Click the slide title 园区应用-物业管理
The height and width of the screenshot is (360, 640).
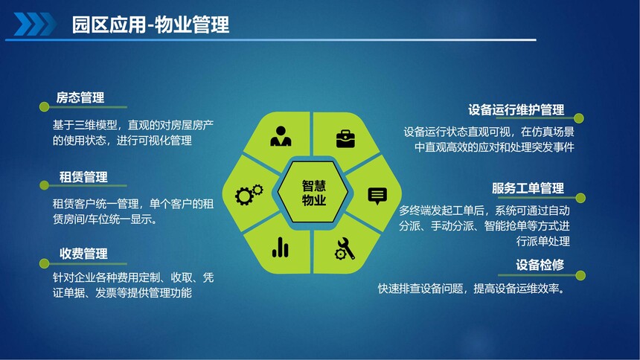tap(150, 25)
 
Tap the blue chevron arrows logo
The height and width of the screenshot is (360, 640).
tap(35, 24)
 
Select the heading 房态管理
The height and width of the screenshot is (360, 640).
tap(80, 97)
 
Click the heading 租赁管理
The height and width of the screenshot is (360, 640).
tap(83, 177)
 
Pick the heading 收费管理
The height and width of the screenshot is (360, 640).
tap(83, 254)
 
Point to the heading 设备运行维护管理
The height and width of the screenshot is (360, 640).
tap(516, 110)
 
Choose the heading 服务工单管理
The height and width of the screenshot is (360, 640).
tap(528, 188)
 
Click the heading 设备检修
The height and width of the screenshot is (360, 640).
tap(540, 265)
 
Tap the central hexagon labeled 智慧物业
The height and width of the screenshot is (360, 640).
tap(313, 192)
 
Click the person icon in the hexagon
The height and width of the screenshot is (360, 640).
tap(281, 136)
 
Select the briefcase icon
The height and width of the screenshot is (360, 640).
tap(345, 139)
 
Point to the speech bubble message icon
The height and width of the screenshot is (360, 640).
tap(377, 196)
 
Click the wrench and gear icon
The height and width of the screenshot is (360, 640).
tap(345, 248)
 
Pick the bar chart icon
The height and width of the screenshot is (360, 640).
tap(280, 248)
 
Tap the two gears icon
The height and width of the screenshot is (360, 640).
tap(249, 194)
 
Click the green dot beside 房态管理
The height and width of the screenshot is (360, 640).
tap(44, 107)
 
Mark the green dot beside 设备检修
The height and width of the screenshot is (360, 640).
tap(580, 275)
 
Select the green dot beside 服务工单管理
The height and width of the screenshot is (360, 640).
tap(580, 199)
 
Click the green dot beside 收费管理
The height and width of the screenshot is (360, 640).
tap(44, 263)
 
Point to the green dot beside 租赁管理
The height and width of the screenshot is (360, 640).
tap(44, 186)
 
